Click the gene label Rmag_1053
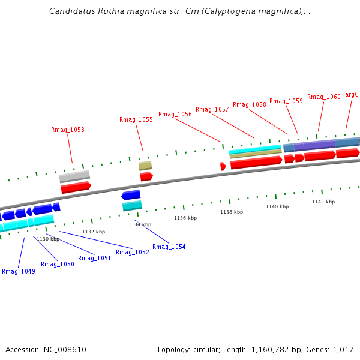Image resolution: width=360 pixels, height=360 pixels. tap(67, 130)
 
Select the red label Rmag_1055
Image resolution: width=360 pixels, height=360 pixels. tap(136, 119)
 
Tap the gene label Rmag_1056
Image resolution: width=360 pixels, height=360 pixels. tap(175, 114)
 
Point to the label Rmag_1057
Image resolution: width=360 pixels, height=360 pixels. tap(212, 109)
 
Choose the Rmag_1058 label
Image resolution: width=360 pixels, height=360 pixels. tap(249, 104)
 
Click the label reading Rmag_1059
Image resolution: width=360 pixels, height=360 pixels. tap(286, 101)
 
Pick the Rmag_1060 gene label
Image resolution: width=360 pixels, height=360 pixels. tap(323, 97)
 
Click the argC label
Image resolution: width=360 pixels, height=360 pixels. tap(352, 94)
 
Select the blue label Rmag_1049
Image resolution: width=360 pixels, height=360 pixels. tap(18, 271)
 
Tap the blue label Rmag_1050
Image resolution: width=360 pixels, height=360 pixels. tap(57, 264)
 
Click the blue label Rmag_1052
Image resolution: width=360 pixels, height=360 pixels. tap(132, 252)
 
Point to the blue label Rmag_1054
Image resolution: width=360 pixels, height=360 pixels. tap(169, 247)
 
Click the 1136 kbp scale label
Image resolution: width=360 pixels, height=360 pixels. tap(185, 218)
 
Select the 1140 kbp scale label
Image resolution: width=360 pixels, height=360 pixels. tap(277, 206)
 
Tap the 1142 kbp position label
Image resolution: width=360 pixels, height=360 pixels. tap(323, 202)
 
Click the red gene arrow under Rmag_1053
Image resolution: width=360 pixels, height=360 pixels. tap(76, 187)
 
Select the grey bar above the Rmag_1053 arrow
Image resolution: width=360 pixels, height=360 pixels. tap(74, 176)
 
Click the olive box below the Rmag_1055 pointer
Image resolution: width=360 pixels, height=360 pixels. tap(145, 166)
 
